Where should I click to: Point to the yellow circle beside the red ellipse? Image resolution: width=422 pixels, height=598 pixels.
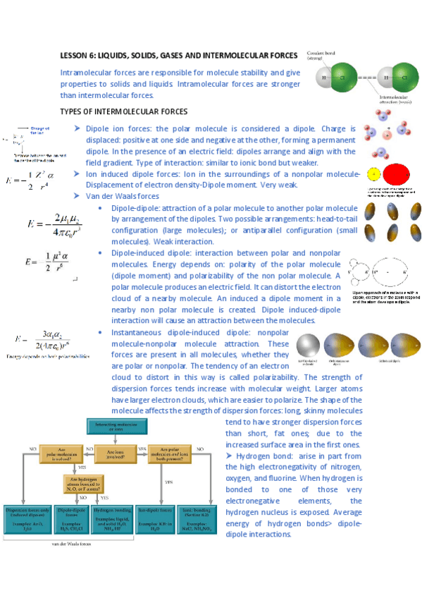click(373, 173)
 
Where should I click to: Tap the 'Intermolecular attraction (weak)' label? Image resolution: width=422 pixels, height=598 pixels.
click(395, 99)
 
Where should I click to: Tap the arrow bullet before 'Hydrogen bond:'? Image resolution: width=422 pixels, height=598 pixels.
click(230, 456)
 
